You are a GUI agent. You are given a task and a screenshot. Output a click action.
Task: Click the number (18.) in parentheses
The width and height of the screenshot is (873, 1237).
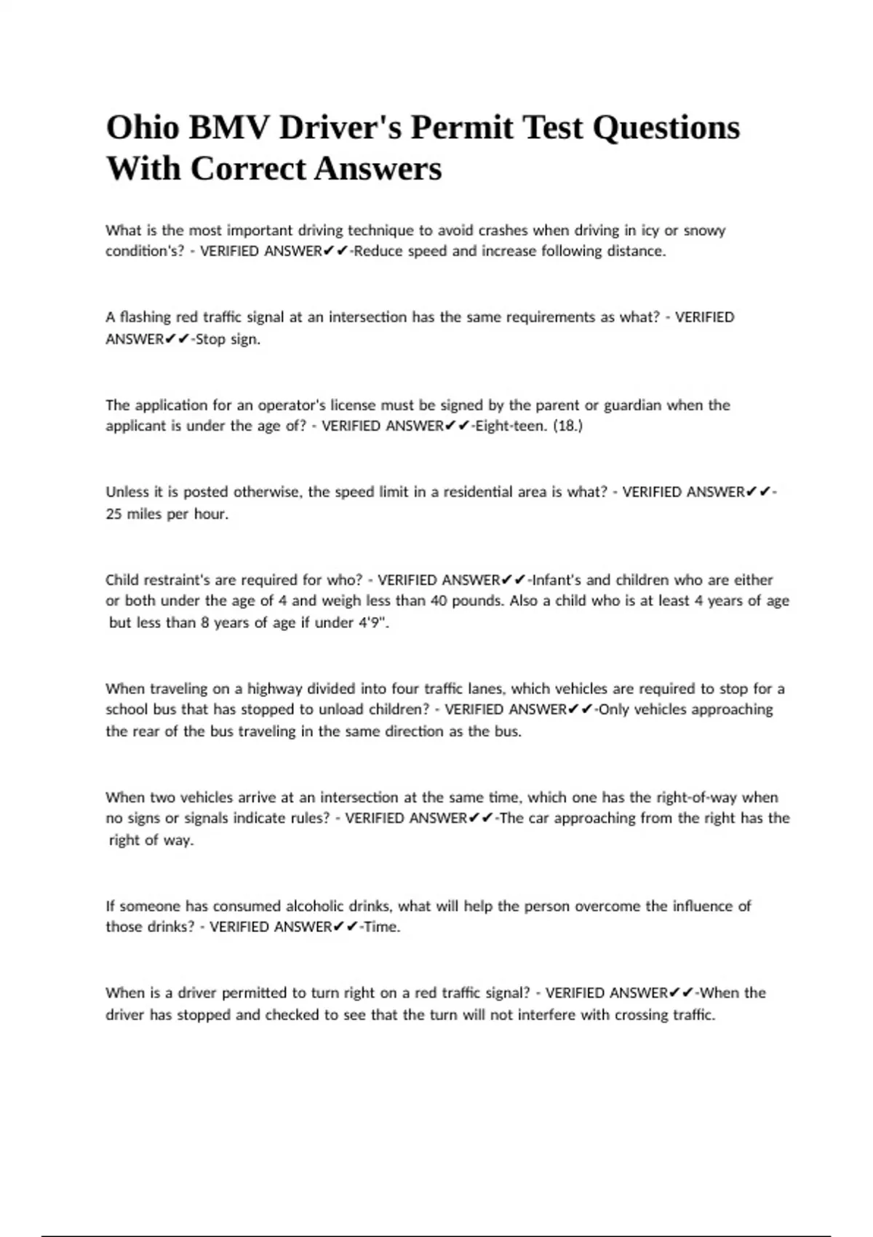pyautogui.click(x=567, y=426)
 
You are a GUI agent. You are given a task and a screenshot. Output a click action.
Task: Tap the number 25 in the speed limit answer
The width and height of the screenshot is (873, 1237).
pyautogui.click(x=113, y=514)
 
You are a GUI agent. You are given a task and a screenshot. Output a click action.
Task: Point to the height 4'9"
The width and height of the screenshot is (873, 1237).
pyautogui.click(x=373, y=623)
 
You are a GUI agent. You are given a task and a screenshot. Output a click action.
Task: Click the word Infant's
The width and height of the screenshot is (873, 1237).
pyautogui.click(x=557, y=580)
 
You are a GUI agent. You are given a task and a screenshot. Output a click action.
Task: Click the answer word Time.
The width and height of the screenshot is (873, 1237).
pyautogui.click(x=381, y=927)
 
